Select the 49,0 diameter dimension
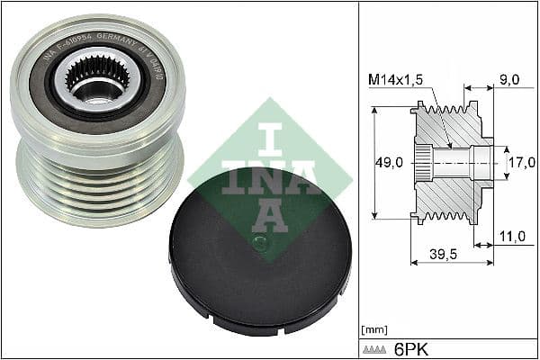pyautogui.click(x=389, y=164)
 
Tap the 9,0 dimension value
pyautogui.click(x=510, y=80)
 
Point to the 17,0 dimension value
pyautogui.click(x=522, y=164)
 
